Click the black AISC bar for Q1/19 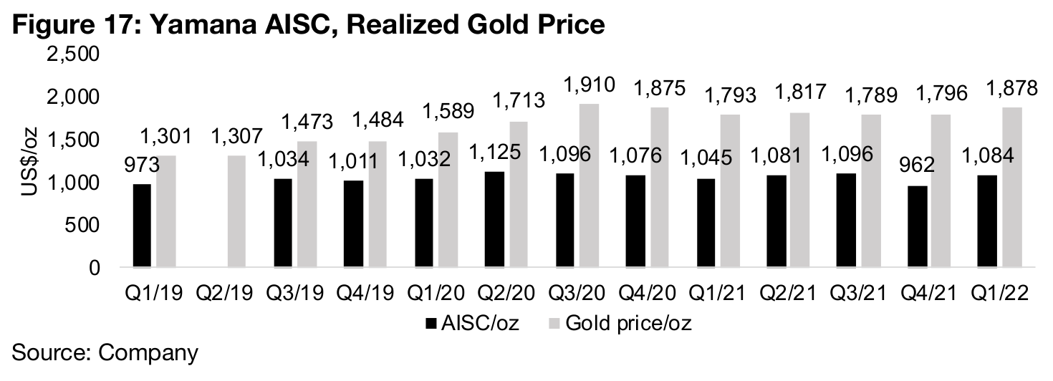click(x=142, y=226)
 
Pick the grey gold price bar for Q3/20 click(x=587, y=185)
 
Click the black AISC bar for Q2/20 click(x=494, y=219)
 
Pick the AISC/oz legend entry click(x=469, y=323)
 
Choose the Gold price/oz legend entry click(x=618, y=323)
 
